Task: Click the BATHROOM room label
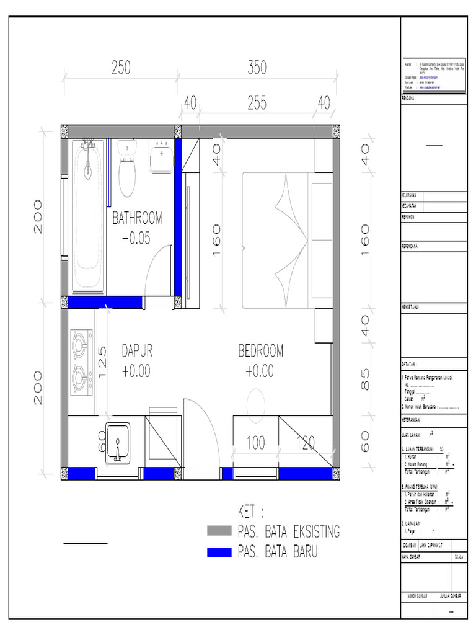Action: pos(137,218)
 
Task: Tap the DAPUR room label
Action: pos(136,351)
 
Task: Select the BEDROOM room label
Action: pos(260,351)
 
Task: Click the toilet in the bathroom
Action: pos(127,171)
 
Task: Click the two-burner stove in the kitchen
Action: pos(81,362)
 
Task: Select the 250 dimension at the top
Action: pos(121,69)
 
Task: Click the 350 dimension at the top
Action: pos(257,69)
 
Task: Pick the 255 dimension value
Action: pos(257,104)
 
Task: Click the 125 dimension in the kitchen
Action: pos(103,362)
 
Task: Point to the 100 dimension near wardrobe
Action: pos(255,443)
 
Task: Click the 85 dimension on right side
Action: pos(365,380)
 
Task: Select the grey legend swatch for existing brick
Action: pos(219,530)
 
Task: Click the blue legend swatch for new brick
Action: pos(219,551)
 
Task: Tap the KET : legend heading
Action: pos(250,512)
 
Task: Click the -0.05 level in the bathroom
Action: pos(137,238)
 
